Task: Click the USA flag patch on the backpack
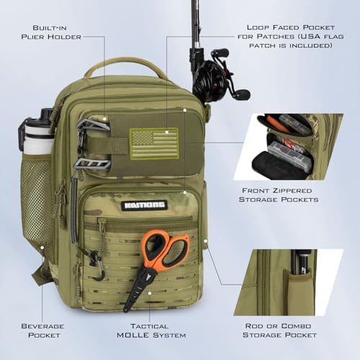point(153,143)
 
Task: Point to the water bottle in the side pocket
point(38,134)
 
